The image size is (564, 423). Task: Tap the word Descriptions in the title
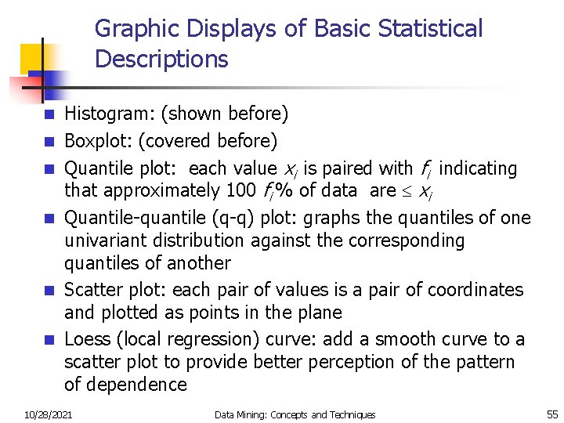[161, 59]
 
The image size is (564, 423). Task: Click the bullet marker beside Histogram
[49, 115]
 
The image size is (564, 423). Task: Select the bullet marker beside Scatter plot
[49, 291]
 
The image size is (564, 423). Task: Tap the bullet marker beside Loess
[49, 340]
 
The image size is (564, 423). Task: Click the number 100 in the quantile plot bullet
[240, 190]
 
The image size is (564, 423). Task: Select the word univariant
[108, 240]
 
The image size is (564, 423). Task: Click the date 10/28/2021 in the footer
[48, 414]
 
